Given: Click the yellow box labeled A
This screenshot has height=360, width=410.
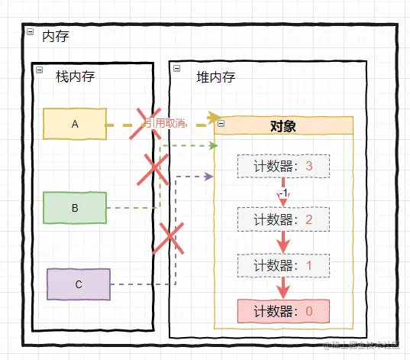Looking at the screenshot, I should pos(74,124).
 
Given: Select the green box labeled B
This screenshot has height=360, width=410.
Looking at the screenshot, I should pos(74,207).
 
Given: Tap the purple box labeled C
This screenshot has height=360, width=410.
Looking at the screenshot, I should pos(79,284).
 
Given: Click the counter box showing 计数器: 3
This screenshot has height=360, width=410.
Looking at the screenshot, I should pos(283,166).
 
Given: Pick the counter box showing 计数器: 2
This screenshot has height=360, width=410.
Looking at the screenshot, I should pos(283,220).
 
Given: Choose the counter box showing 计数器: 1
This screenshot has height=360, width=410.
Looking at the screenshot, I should pos(283,266).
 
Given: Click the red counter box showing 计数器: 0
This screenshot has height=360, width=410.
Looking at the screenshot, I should pos(283,311).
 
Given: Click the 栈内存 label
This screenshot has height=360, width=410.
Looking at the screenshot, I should pos(75,76).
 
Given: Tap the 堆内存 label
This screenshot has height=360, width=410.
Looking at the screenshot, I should pos(215,76).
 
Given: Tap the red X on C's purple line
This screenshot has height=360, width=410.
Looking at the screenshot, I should pos(169,238).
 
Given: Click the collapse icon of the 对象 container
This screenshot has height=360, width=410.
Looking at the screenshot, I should pos(221,123).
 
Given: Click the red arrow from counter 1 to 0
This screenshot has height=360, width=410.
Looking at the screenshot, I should pos(284,288).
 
